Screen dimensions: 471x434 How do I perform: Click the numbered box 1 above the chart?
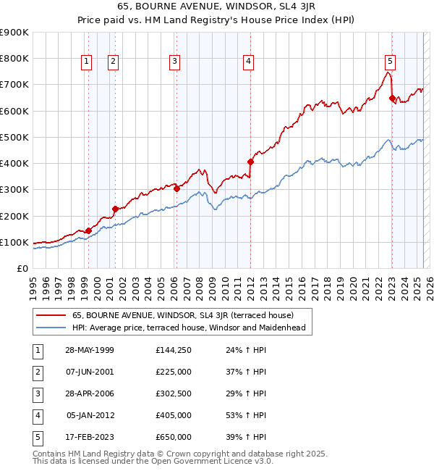[87, 62]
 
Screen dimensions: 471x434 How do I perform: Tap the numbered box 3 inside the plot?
[175, 62]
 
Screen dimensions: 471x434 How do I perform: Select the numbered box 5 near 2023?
[390, 62]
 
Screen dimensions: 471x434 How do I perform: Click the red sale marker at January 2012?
[250, 162]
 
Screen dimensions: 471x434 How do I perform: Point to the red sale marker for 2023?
[392, 98]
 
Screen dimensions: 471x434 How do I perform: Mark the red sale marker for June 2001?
[115, 209]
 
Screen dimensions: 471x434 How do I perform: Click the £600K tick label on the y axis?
[14, 111]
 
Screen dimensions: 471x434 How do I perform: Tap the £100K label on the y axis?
[14, 242]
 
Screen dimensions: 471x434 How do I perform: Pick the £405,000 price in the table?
[174, 415]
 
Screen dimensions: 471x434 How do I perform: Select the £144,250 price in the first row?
[174, 350]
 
